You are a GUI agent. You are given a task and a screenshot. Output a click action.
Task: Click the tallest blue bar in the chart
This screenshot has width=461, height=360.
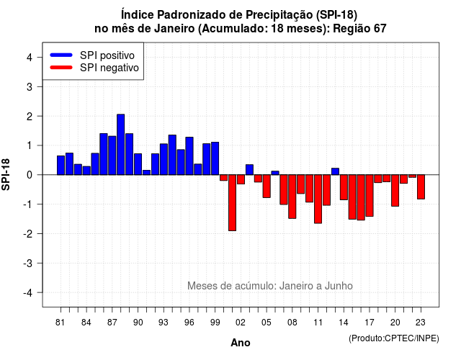click(120, 144)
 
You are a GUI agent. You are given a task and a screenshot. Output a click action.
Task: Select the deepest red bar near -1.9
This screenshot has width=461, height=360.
click(232, 203)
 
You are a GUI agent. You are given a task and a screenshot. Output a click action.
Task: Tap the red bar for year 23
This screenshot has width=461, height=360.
click(421, 187)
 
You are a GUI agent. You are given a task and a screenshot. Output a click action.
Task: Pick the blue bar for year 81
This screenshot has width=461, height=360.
click(61, 165)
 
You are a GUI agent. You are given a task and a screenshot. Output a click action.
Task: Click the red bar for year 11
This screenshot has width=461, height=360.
click(318, 199)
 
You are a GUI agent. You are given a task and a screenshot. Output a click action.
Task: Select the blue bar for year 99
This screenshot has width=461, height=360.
click(215, 158)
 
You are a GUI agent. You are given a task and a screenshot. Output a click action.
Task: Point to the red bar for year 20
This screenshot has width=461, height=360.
click(395, 190)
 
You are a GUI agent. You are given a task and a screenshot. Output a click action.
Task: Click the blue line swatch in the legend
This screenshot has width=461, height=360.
click(61, 55)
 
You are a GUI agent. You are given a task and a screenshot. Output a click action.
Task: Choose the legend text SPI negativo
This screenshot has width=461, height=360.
click(109, 68)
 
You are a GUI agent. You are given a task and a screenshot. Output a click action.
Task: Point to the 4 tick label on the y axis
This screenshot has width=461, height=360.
click(30, 58)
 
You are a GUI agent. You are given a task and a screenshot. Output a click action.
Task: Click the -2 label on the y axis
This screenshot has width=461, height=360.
click(27, 233)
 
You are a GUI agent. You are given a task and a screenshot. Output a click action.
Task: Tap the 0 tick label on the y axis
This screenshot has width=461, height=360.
click(30, 175)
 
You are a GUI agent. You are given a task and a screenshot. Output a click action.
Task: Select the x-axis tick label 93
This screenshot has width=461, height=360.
click(164, 323)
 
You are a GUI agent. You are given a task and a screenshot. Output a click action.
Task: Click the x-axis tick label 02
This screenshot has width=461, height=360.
click(241, 323)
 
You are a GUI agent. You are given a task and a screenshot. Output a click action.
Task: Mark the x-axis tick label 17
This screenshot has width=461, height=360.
click(370, 323)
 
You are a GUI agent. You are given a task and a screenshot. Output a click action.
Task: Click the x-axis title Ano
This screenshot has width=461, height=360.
click(241, 343)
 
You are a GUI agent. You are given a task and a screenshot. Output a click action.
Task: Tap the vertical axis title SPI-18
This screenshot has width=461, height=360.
click(6, 174)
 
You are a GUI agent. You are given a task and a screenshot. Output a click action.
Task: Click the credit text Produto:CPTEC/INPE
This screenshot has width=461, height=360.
click(394, 338)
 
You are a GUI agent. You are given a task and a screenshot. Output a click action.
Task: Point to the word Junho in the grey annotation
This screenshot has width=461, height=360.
click(339, 286)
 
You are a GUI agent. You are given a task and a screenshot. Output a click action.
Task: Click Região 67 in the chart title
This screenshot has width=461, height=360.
click(359, 29)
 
